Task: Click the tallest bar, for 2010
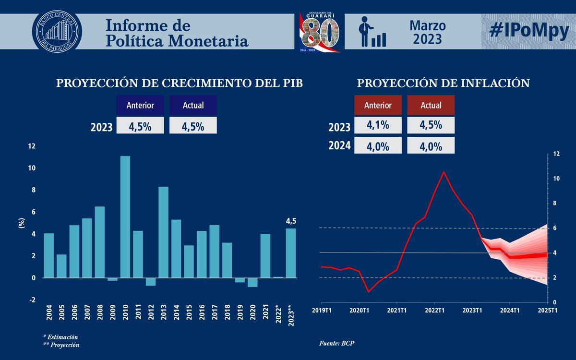tap(125, 216)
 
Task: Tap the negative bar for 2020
tap(252, 282)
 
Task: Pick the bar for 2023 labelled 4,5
tap(291, 253)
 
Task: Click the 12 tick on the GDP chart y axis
tap(32, 146)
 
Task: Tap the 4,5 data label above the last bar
tap(291, 222)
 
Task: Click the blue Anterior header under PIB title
tap(140, 105)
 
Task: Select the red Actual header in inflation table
tap(431, 105)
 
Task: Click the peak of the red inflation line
tap(444, 172)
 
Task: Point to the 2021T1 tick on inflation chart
tap(397, 311)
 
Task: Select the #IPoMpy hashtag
tap(528, 31)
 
